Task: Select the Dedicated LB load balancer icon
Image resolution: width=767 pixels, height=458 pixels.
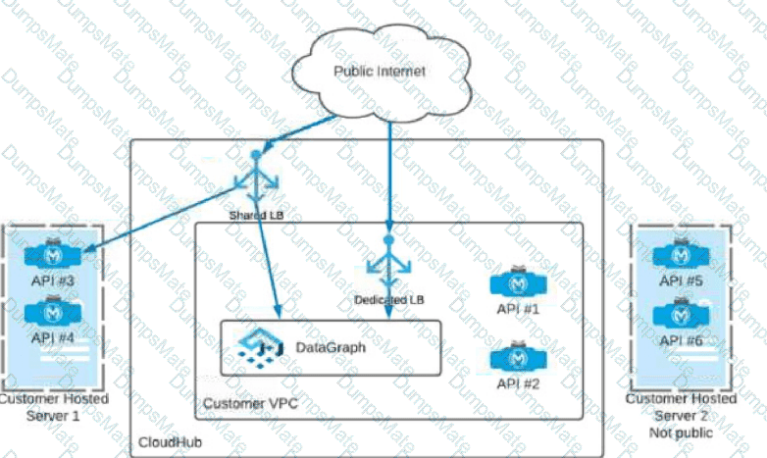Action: [389, 264]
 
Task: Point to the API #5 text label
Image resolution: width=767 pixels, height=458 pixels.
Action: [684, 281]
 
